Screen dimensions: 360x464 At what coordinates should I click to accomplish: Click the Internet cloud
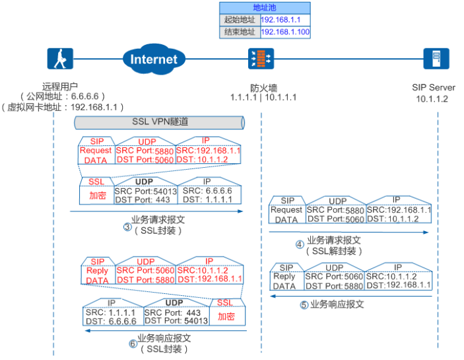tap(153, 59)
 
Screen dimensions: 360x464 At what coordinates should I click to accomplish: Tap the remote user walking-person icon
tap(60, 59)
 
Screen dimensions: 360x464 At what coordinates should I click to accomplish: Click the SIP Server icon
tap(435, 59)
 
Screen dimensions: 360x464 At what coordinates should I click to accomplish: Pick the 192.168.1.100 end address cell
tap(285, 32)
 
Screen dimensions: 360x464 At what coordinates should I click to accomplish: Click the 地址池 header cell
tap(264, 7)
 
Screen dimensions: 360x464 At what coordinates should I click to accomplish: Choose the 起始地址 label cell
tap(239, 20)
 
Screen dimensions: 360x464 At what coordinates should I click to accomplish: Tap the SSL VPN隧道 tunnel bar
tap(158, 122)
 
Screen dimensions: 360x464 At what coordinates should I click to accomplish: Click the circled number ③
tap(127, 227)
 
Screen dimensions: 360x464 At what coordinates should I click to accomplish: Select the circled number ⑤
tap(304, 305)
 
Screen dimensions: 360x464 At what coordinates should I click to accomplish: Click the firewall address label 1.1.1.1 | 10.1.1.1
tap(263, 97)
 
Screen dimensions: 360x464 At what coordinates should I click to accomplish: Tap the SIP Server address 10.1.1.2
tap(432, 98)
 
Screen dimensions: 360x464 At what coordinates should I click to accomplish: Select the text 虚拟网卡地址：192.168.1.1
tap(60, 106)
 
